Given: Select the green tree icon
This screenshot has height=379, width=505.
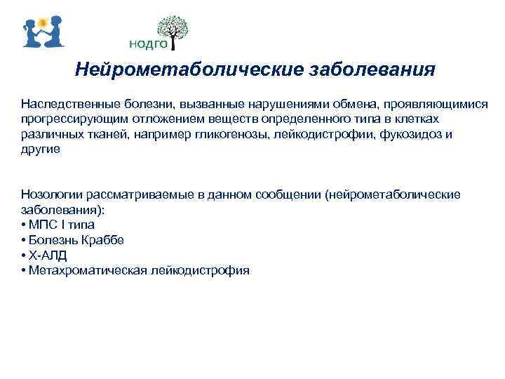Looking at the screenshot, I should (172, 29).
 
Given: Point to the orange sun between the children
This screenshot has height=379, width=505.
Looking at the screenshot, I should (43, 22).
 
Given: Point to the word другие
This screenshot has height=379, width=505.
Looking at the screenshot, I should (41, 149).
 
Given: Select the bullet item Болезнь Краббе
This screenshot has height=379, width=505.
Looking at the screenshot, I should (76, 240).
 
